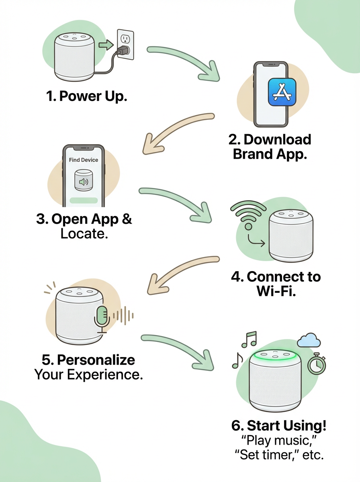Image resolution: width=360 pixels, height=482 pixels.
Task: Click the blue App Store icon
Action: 282,92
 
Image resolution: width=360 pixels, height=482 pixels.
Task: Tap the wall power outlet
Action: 125,44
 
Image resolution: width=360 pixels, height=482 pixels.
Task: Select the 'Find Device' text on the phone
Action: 84,160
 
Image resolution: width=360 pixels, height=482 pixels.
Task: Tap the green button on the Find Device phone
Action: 84,200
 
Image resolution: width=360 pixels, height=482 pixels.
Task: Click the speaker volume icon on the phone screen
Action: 84,182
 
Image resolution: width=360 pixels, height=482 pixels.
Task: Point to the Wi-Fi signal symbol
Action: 248,214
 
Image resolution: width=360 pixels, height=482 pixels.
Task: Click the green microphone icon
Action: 102,319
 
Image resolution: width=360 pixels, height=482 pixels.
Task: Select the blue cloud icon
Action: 309,341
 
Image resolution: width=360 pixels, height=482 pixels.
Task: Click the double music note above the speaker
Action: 249,339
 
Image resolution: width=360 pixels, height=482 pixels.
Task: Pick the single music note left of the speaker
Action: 237,361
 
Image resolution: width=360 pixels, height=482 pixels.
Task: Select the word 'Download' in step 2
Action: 277,139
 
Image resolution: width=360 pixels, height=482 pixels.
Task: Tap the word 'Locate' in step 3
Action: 84,234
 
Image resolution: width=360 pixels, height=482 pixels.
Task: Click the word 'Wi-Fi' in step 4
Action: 276,291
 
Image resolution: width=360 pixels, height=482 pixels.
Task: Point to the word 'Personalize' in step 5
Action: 96,360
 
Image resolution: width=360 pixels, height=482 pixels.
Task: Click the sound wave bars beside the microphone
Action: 123,316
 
